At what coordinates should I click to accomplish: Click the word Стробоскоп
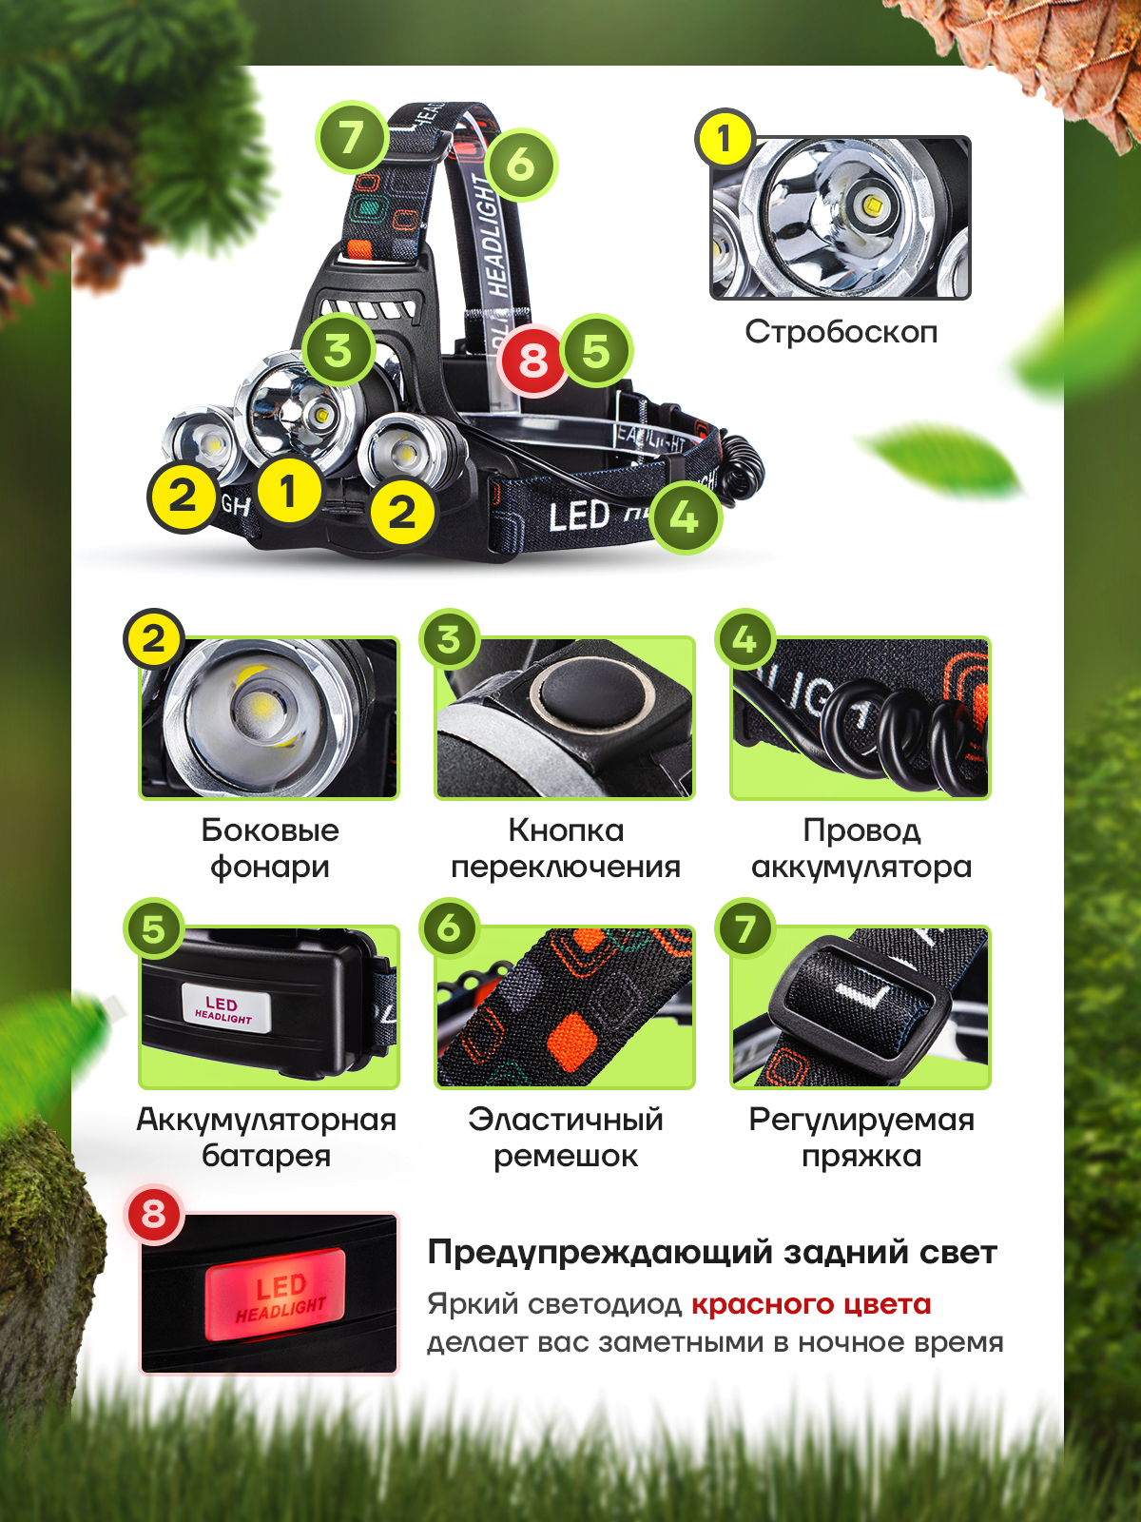(841, 332)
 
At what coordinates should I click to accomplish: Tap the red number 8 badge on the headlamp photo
(532, 361)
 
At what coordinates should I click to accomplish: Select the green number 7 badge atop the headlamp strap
(351, 137)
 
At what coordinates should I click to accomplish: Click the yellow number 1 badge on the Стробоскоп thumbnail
(725, 138)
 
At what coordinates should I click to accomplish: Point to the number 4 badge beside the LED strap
(686, 517)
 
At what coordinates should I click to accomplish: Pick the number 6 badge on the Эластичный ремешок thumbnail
(449, 928)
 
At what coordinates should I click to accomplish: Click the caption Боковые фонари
(269, 848)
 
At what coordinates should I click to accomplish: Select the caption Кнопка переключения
(566, 848)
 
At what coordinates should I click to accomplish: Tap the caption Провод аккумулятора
(861, 848)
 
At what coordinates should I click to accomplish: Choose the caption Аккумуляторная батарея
(267, 1137)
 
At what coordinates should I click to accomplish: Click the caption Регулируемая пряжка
(861, 1137)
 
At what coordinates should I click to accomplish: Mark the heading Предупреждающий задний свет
(711, 1253)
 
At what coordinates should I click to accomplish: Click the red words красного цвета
(811, 1304)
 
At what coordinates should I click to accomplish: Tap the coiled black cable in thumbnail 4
(900, 736)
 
